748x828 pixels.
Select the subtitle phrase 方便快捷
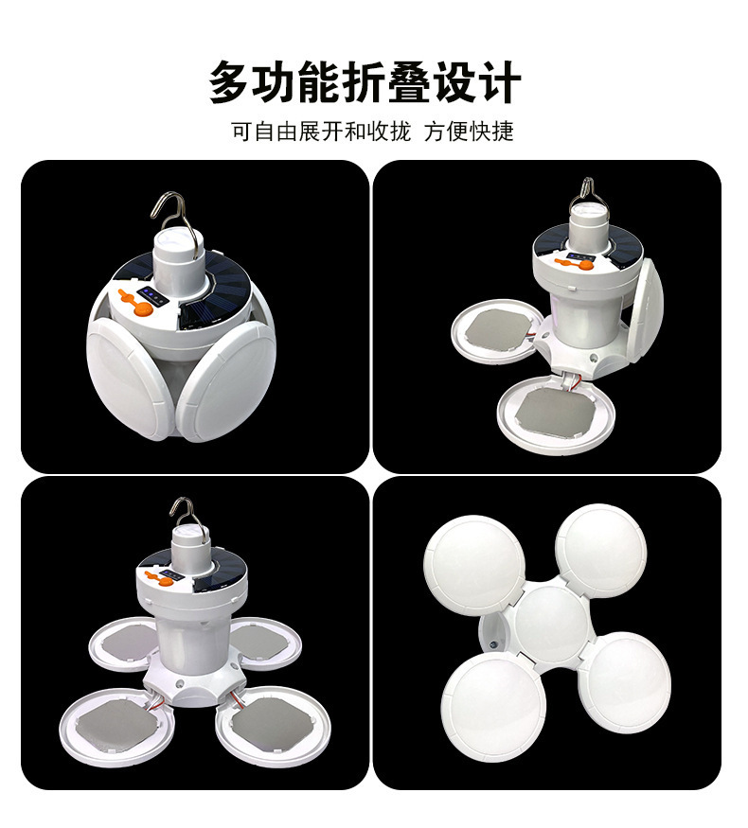coord(469,132)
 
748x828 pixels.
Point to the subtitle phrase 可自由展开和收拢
coord(321,132)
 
